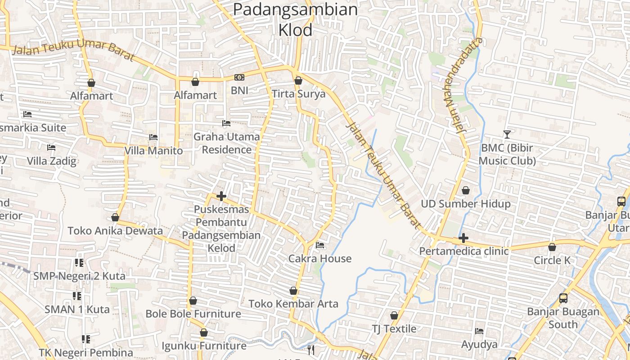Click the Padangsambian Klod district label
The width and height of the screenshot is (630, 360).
(295, 19)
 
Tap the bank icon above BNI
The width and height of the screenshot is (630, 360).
(239, 77)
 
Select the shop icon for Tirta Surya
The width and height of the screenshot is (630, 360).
(298, 81)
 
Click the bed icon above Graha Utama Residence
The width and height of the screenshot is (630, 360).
(226, 123)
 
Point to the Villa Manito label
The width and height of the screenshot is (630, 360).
(153, 150)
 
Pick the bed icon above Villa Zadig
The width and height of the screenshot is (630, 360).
(51, 148)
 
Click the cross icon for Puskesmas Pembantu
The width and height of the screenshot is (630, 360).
(221, 196)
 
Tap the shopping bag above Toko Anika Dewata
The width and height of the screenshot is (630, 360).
(115, 218)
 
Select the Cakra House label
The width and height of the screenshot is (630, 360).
(319, 258)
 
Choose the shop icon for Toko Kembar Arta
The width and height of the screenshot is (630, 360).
(293, 291)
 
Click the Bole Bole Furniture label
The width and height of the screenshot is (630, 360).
(193, 314)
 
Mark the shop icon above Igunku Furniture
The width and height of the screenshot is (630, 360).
(204, 333)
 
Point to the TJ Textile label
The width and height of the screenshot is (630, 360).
(394, 329)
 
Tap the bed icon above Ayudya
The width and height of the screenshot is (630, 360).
(479, 331)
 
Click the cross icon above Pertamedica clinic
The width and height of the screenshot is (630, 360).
(463, 238)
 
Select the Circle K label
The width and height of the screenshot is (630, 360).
(552, 260)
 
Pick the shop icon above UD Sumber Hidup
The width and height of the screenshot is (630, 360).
(466, 191)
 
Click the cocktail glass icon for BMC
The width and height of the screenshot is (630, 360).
(507, 134)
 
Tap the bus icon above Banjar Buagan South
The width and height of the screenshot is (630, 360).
(563, 298)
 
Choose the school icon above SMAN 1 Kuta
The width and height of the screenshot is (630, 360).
(77, 296)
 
